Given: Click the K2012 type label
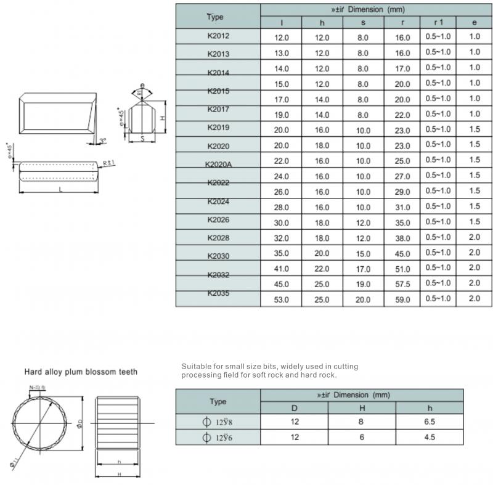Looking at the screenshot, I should click(x=218, y=36).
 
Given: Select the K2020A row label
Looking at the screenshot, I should click(x=218, y=165).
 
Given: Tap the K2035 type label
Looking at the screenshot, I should click(x=218, y=294).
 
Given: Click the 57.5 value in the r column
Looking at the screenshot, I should click(x=402, y=283).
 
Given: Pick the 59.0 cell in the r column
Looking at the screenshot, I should click(x=402, y=300).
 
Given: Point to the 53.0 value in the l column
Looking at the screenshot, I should click(x=281, y=300).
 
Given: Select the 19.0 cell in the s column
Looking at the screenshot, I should click(x=363, y=283).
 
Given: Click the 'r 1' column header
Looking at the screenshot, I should click(x=438, y=22).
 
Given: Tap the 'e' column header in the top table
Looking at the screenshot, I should click(x=474, y=22).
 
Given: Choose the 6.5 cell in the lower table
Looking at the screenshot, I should click(x=430, y=422).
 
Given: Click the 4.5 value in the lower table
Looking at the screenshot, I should click(x=430, y=437).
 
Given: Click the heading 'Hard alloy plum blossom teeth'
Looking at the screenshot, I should click(x=81, y=372).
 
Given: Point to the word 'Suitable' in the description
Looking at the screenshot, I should click(x=196, y=366).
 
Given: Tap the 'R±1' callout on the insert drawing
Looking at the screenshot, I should click(x=109, y=162).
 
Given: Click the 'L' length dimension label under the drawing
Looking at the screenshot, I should click(x=60, y=189).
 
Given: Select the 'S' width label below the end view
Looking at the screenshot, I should click(x=142, y=139).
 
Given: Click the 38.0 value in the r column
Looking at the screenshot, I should click(x=402, y=237).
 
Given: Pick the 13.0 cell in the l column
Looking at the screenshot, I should click(x=281, y=54).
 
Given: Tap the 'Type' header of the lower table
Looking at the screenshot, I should click(x=218, y=401).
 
